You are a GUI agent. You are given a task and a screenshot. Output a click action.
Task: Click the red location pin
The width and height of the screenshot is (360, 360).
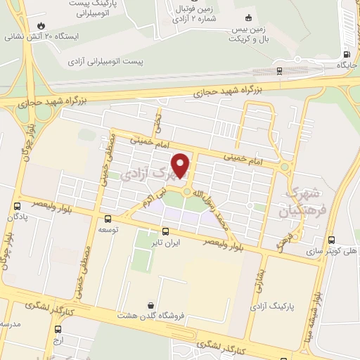181,165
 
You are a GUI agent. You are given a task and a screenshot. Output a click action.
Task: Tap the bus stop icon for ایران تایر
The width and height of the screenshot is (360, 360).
165,231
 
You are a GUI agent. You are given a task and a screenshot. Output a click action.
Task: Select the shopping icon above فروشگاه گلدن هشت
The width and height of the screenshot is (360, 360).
150,305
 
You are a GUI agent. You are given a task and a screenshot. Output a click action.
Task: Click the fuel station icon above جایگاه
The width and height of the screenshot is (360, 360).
346,54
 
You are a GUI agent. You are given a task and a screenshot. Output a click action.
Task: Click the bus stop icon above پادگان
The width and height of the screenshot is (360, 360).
16,206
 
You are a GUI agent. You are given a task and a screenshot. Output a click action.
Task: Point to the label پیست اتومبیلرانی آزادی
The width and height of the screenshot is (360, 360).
105,62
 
